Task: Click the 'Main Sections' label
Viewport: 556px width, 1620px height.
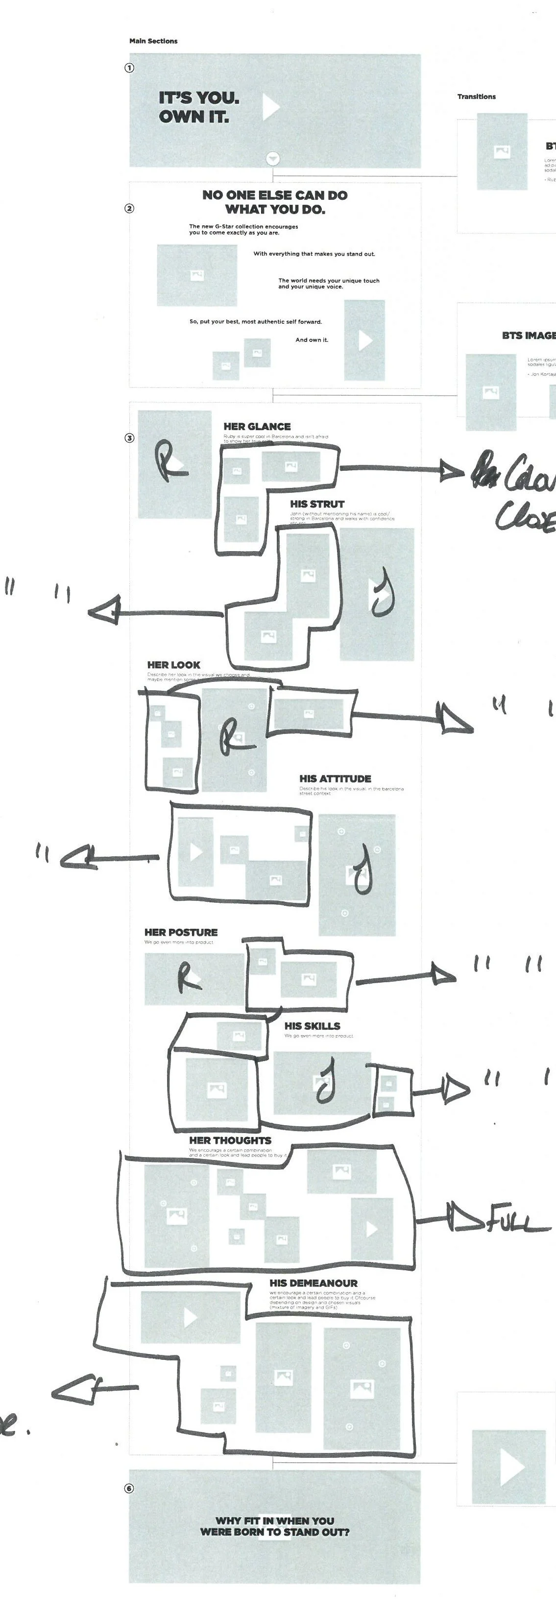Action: click(x=153, y=41)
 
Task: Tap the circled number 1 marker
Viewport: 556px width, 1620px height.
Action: click(x=129, y=68)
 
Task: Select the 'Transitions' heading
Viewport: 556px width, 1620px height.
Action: click(x=476, y=96)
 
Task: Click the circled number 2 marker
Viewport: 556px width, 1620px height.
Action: click(x=129, y=208)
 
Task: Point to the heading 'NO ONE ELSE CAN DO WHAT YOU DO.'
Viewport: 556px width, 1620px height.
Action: click(x=275, y=202)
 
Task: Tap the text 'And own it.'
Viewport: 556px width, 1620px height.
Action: click(x=312, y=339)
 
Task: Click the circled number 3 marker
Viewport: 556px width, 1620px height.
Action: click(x=129, y=438)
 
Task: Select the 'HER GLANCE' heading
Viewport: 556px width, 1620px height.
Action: click(x=257, y=426)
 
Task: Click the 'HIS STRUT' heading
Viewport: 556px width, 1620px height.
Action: click(x=317, y=504)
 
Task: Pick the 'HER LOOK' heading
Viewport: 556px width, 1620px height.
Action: click(x=173, y=665)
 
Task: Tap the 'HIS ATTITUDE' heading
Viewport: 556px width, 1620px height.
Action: click(x=335, y=778)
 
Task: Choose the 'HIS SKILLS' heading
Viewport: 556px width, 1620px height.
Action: click(x=312, y=1026)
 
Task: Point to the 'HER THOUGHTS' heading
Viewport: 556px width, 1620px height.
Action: click(x=230, y=1140)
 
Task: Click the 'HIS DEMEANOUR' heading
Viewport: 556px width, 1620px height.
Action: click(x=313, y=1283)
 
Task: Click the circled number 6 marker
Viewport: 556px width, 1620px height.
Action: click(x=129, y=1488)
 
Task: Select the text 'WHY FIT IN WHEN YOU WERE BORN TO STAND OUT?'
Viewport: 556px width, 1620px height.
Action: click(x=275, y=1526)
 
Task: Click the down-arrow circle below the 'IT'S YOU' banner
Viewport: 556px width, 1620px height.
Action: click(x=273, y=159)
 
